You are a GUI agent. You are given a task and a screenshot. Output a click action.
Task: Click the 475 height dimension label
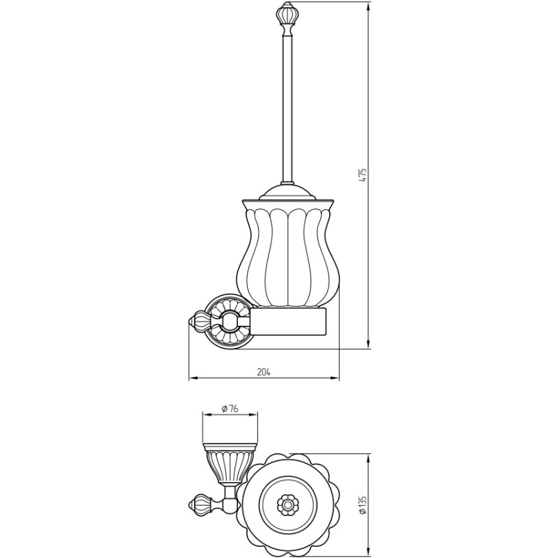(362, 175)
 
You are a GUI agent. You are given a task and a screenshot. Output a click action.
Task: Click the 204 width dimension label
(264, 372)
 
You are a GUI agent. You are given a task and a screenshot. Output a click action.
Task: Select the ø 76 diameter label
(229, 409)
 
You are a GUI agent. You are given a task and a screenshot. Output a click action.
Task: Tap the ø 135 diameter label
(362, 505)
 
